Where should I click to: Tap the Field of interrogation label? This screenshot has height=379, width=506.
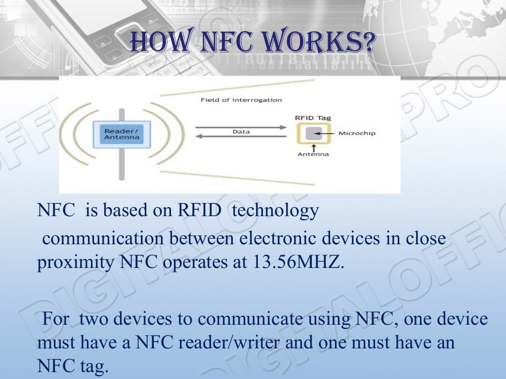point(241,100)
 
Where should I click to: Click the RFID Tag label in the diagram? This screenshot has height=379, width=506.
point(313,118)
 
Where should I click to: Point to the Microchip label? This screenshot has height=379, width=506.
point(357,133)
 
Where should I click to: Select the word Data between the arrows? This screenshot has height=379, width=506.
point(241,132)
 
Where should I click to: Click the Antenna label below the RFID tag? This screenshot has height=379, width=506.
point(313,154)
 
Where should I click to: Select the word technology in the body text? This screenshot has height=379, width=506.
point(275,211)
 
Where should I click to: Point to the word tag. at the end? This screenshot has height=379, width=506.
point(92,367)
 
